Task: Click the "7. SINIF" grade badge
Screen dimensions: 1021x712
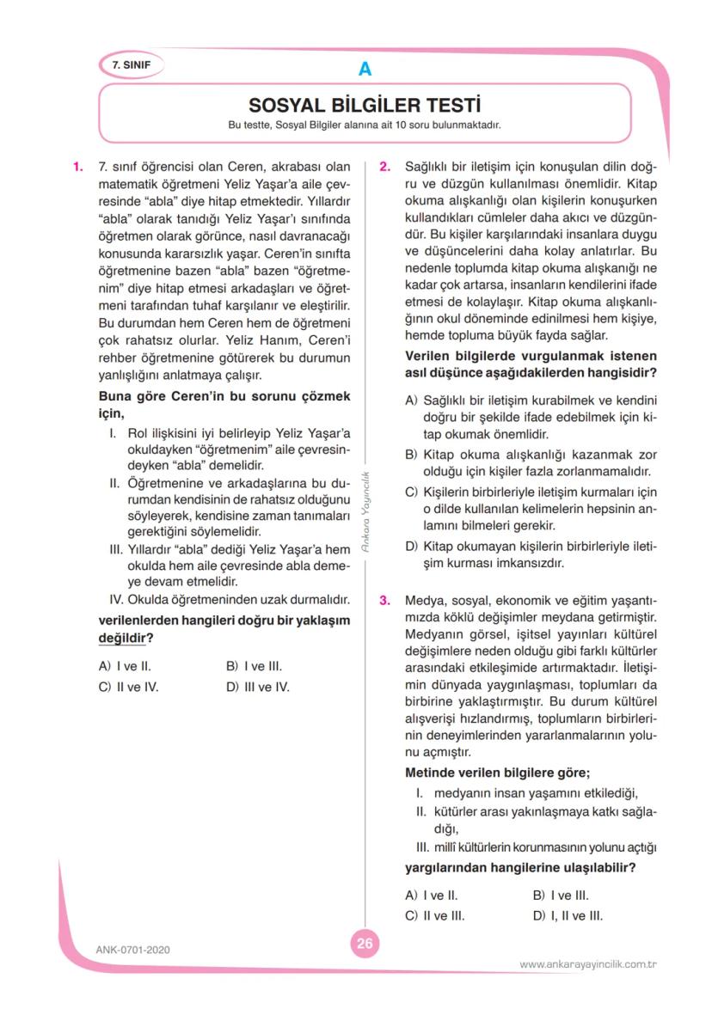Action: point(131,65)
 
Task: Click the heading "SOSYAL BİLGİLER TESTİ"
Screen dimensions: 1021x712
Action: point(364,105)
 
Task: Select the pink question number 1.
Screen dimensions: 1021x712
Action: point(77,166)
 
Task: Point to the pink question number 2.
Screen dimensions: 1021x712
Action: point(385,166)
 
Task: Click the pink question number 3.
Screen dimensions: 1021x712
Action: point(385,599)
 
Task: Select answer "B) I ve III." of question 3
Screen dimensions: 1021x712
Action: point(561,895)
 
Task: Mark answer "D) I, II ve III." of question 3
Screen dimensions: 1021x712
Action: point(568,915)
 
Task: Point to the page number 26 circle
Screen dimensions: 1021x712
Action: point(365,943)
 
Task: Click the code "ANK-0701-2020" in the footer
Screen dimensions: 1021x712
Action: point(133,950)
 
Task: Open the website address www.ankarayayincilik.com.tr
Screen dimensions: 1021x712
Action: point(588,964)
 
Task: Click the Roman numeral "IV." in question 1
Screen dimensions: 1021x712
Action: point(116,598)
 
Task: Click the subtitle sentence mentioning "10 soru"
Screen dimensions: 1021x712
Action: point(364,125)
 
